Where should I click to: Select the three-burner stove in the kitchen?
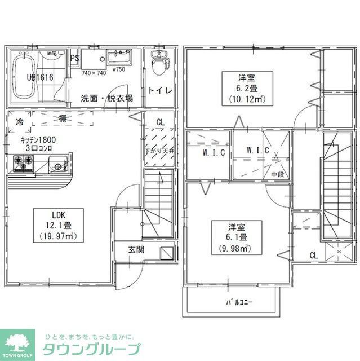click(24, 164)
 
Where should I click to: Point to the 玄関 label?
click(135, 249)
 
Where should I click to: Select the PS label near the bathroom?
click(74, 57)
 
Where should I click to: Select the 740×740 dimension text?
click(94, 73)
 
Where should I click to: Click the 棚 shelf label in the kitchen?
click(62, 119)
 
